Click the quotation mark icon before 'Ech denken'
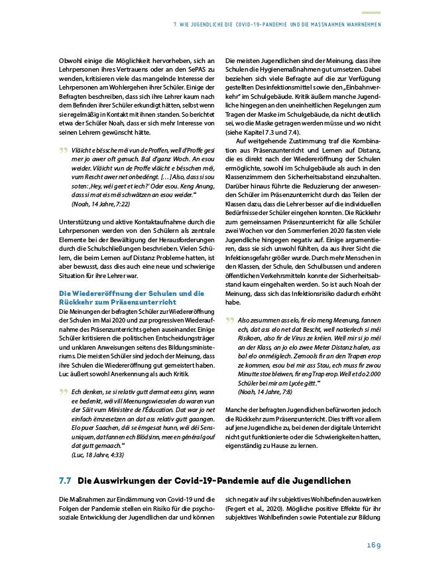64,391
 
